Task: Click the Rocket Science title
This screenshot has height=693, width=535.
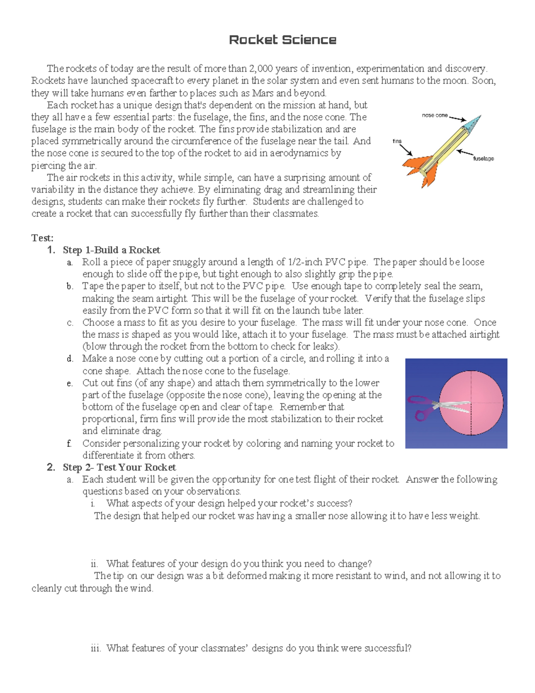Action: (282, 40)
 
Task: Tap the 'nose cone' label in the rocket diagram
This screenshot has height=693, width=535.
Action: (434, 115)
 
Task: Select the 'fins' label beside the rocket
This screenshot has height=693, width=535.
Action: (397, 141)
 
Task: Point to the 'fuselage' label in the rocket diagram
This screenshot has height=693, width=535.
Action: (483, 158)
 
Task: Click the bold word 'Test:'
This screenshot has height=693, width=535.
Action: (42, 238)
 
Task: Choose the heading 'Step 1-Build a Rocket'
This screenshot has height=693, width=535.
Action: (111, 250)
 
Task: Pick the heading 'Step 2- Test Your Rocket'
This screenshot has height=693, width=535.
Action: (119, 467)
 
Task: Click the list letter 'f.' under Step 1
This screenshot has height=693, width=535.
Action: (69, 444)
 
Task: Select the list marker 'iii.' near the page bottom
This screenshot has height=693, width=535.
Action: (96, 648)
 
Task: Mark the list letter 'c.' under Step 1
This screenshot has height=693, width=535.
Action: (70, 323)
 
